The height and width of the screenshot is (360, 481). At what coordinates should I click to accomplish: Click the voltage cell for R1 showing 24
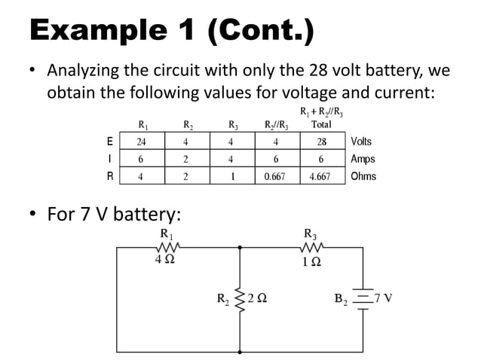pyautogui.click(x=141, y=142)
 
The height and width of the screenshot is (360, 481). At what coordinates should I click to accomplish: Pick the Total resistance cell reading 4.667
pyautogui.click(x=320, y=178)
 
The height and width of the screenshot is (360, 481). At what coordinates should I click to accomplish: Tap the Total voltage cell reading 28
pyautogui.click(x=321, y=142)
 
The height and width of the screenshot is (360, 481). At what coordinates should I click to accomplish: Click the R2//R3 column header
pyautogui.click(x=276, y=125)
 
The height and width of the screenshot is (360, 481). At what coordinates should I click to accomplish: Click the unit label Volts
pyautogui.click(x=361, y=142)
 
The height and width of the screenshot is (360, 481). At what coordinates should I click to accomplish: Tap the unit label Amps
pyautogui.click(x=363, y=160)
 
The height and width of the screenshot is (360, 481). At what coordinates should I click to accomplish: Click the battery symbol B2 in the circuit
pyautogui.click(x=363, y=298)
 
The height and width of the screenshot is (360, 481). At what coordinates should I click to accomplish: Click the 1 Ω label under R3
pyautogui.click(x=311, y=261)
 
